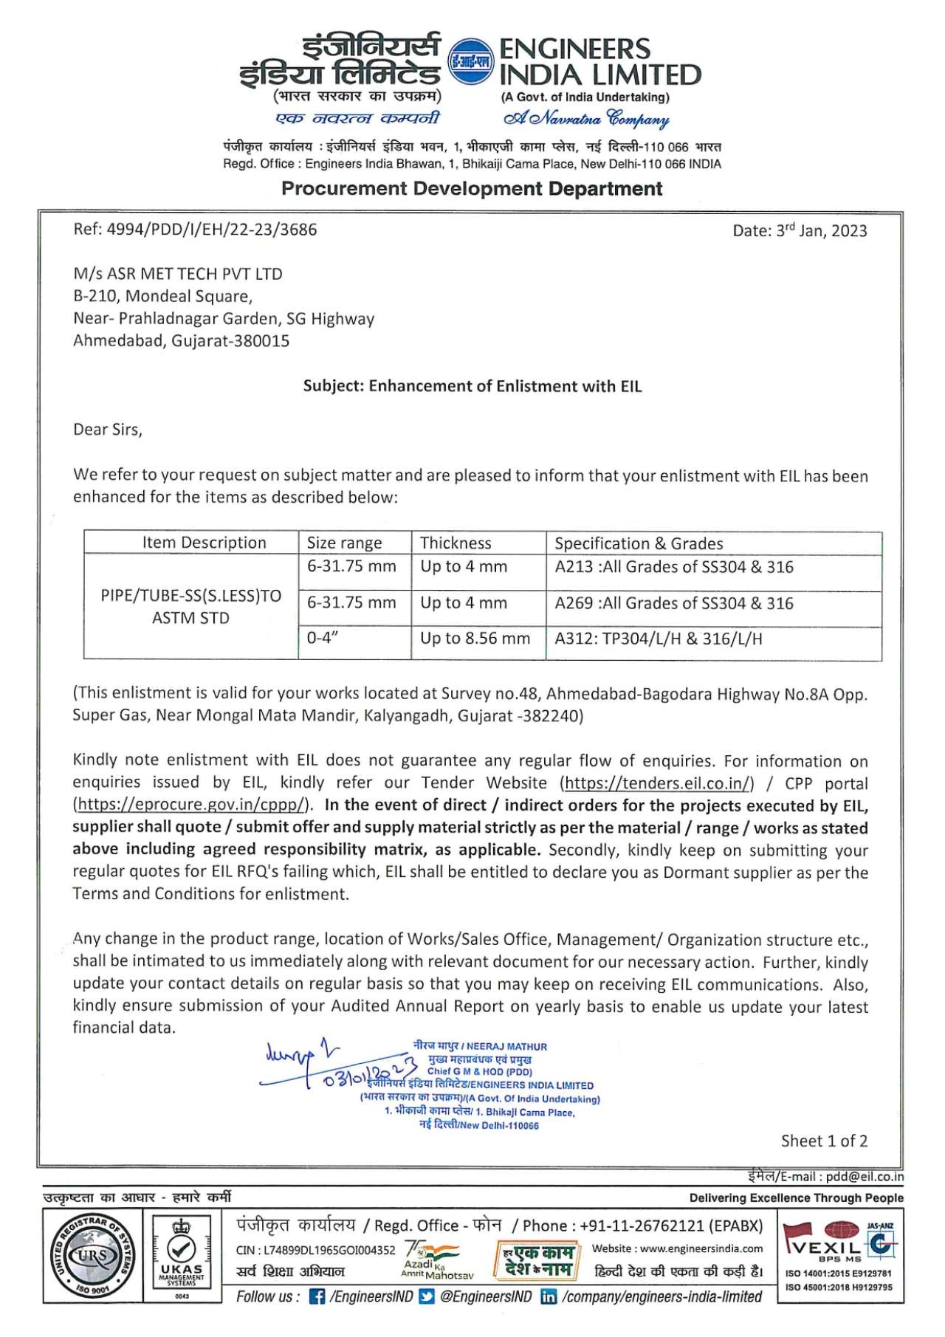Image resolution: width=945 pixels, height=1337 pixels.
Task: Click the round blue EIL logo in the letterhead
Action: click(x=471, y=61)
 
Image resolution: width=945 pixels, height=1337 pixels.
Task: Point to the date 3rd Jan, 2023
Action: click(x=800, y=230)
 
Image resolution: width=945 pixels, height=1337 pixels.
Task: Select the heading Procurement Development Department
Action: click(x=472, y=189)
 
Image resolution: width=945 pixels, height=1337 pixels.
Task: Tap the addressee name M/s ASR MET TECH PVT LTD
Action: click(x=178, y=274)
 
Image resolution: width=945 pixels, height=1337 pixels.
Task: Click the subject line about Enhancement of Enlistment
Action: click(x=472, y=386)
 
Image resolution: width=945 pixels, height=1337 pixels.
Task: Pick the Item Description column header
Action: click(x=204, y=543)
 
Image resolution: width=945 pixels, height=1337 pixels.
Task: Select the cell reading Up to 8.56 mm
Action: click(x=475, y=639)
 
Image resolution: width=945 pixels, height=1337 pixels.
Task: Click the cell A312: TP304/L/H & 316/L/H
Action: click(x=659, y=639)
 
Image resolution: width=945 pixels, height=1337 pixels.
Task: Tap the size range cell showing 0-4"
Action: click(x=323, y=639)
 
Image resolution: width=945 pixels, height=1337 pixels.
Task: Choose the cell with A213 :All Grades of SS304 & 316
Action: click(x=674, y=567)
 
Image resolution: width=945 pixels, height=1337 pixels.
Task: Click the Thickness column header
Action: click(x=456, y=543)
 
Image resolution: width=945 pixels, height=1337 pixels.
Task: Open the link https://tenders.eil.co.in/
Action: click(x=657, y=783)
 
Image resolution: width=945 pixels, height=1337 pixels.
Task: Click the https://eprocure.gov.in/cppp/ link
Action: click(x=192, y=805)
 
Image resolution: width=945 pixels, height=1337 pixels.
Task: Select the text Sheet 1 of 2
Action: click(x=824, y=1141)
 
